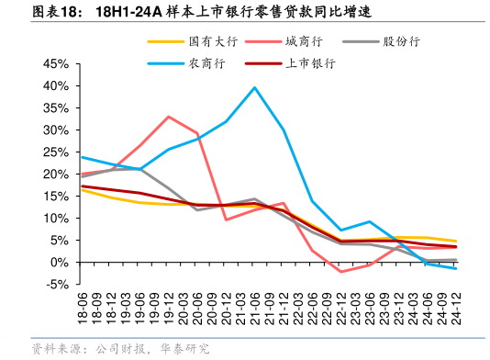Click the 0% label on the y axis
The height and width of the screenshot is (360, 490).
[x=61, y=263]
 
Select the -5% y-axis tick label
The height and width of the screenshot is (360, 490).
[x=57, y=285]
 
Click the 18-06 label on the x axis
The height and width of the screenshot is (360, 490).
[x=83, y=309]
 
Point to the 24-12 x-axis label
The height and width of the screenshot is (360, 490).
[x=456, y=309]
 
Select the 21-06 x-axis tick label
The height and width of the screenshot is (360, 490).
[x=254, y=309]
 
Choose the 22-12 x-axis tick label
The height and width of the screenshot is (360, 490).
[x=341, y=309]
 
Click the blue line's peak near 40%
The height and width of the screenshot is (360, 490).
[x=254, y=87]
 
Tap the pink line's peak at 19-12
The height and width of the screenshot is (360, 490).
[x=169, y=117]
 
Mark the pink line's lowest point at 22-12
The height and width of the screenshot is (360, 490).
[x=341, y=272]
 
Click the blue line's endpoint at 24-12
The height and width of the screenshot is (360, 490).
[x=456, y=268]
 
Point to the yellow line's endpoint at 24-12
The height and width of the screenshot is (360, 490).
[x=456, y=241]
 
